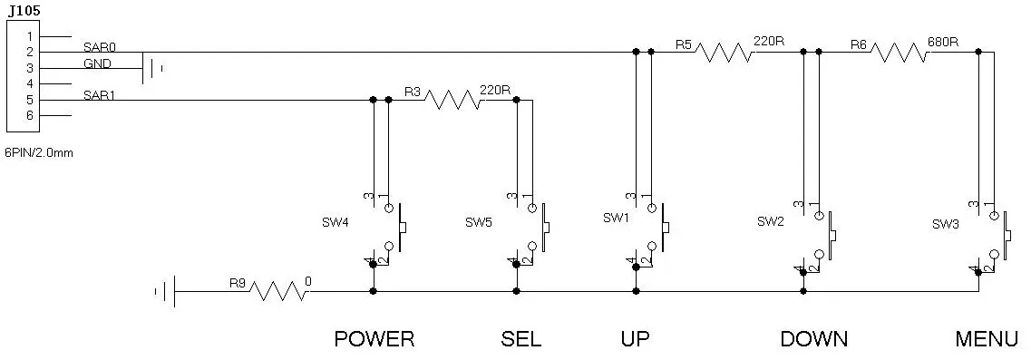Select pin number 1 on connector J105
click(30, 36)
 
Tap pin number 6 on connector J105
click(30, 115)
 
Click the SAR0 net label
click(100, 47)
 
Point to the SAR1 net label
click(99, 95)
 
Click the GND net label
click(97, 63)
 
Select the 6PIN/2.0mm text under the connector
click(38, 152)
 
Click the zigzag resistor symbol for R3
click(453, 100)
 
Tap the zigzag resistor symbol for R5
click(724, 52)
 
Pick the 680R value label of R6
click(942, 42)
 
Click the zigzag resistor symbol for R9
click(278, 291)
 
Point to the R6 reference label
click(858, 44)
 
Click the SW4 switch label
click(336, 222)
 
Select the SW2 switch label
click(771, 222)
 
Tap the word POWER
click(374, 339)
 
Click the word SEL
click(520, 339)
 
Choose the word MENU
click(987, 339)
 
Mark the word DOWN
click(814, 339)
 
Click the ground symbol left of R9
click(166, 291)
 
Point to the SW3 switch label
click(946, 224)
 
